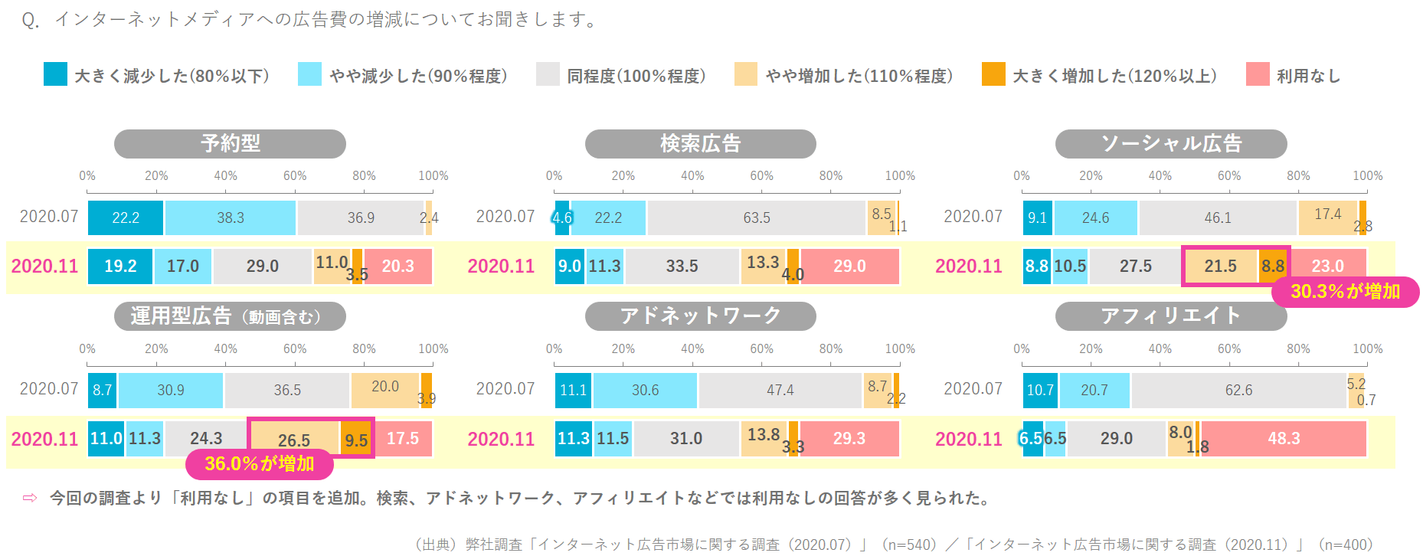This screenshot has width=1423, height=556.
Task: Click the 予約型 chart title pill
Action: tap(230, 143)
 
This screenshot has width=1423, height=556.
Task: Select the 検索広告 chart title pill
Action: tap(700, 143)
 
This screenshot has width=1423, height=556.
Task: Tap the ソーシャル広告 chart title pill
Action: tap(1170, 143)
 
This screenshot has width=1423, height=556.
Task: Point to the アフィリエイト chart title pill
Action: tap(1170, 316)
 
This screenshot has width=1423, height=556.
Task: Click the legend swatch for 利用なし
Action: tap(1258, 74)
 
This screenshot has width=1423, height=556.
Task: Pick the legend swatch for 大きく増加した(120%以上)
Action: tap(993, 74)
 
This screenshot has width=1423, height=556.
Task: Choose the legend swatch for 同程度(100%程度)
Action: tap(548, 74)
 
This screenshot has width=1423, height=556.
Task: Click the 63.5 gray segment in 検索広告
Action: tap(756, 217)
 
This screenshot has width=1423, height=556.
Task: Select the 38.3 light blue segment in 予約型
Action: tap(230, 217)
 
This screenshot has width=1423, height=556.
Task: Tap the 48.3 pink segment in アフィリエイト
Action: tap(1284, 438)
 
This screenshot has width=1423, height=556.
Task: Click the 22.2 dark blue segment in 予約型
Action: tap(126, 217)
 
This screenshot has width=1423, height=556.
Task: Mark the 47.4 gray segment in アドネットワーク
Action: tap(780, 390)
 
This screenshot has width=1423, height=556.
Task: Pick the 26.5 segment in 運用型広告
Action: tap(294, 438)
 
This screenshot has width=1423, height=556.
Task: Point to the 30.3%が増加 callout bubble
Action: tap(1345, 292)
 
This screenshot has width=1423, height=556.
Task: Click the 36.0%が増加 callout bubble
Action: tap(260, 464)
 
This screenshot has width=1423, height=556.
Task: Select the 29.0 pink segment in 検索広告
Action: tap(849, 266)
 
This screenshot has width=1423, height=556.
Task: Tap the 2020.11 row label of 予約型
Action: tap(44, 266)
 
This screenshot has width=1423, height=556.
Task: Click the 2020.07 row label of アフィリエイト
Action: tap(973, 388)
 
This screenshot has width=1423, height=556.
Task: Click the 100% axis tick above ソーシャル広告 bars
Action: tap(1367, 176)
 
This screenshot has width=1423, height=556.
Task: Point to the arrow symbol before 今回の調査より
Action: tap(30, 498)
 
